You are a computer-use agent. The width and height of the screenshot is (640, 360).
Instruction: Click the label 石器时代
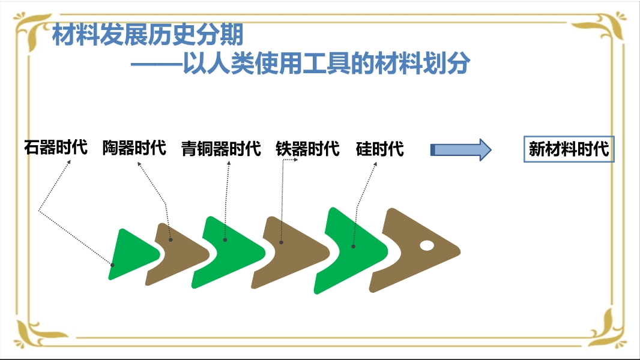(55, 148)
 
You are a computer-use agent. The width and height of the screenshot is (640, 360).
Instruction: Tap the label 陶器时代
(134, 148)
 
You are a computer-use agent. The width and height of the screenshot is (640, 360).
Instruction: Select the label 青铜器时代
(221, 148)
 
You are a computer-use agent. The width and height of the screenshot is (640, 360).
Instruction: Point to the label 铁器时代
(307, 148)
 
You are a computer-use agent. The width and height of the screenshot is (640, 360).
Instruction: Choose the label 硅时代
(379, 148)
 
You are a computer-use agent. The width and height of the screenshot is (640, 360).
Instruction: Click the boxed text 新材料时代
(569, 149)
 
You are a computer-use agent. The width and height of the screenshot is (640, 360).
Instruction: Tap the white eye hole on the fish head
(427, 245)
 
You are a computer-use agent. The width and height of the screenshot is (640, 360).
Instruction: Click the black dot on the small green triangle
(112, 265)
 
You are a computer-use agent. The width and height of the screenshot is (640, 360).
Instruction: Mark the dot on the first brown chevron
(171, 240)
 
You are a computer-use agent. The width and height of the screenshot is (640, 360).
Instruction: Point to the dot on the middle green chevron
(225, 240)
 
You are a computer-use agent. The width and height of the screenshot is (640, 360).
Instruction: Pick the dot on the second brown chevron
(281, 242)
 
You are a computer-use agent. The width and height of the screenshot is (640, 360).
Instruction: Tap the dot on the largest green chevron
(354, 247)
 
